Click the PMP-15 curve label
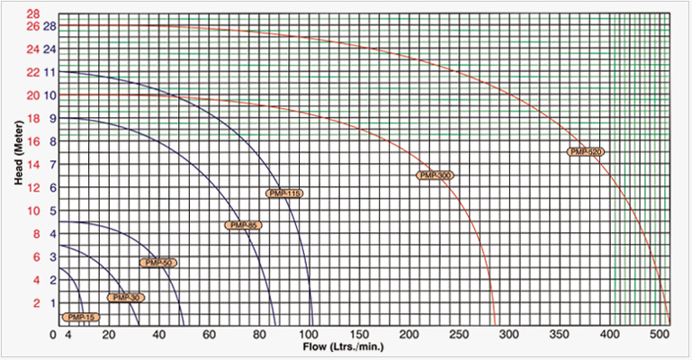(80, 318)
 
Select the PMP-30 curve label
(125, 297)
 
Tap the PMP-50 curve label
(158, 263)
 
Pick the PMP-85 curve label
(243, 225)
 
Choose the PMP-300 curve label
(435, 175)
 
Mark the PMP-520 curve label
(586, 152)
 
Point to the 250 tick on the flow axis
(459, 335)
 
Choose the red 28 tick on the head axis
(33, 14)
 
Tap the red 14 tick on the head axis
(33, 164)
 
